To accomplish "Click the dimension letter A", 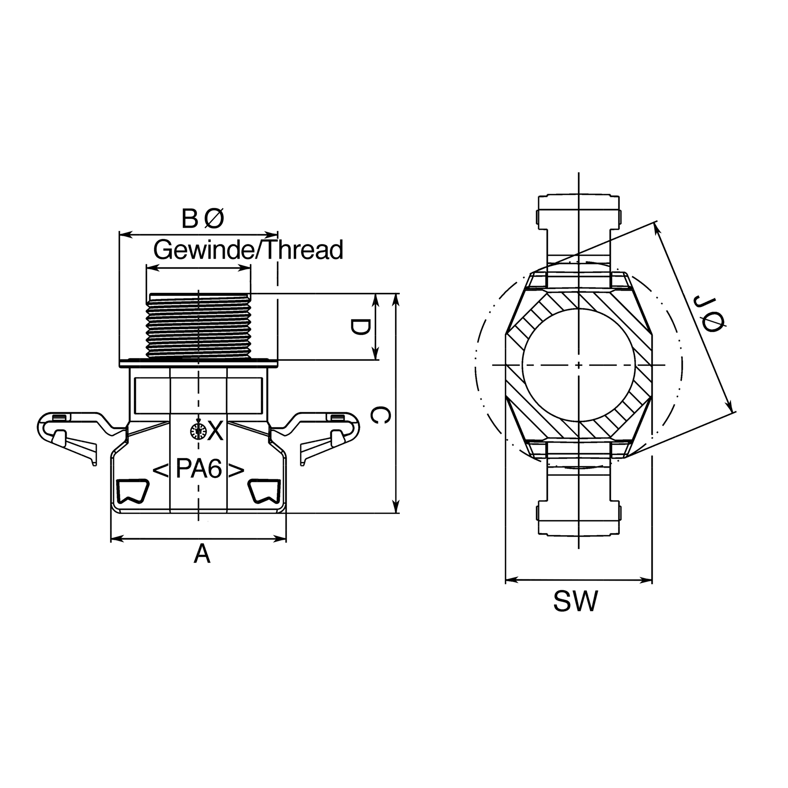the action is (x=202, y=554).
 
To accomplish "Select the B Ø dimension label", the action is (x=203, y=219).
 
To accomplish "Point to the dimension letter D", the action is (x=360, y=327).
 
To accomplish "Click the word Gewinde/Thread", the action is (x=249, y=250).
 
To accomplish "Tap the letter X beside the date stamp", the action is (x=215, y=431).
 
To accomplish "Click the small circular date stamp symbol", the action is (x=198, y=431).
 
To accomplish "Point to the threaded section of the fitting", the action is (x=198, y=327).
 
